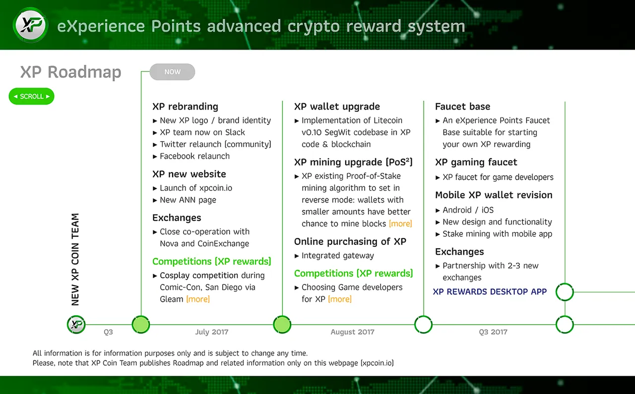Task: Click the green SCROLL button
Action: point(31,96)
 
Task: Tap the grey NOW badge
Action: point(172,72)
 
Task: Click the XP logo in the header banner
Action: point(31,25)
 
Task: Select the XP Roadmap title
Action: point(71,72)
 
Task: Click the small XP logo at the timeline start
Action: point(76,324)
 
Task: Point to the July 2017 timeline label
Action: point(212,332)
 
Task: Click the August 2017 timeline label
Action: point(352,332)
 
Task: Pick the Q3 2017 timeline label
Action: point(493,332)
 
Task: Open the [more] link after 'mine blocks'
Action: point(400,224)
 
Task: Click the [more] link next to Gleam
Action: point(198,299)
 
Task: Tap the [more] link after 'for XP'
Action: point(340,299)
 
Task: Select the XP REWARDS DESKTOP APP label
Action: point(490,292)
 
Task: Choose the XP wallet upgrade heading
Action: point(337,107)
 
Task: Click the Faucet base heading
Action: point(463,107)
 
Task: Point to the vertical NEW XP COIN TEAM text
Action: point(75,260)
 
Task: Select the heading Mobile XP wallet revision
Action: point(494,195)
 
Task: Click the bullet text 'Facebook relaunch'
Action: point(195,156)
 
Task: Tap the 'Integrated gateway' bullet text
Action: point(338,256)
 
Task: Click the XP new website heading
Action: point(189,174)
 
